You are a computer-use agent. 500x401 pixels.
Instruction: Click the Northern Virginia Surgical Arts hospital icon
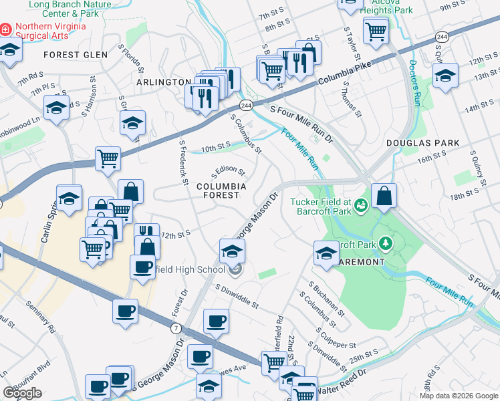[x=6, y=30]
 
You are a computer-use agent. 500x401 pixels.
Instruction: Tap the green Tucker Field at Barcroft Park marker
[x=362, y=204]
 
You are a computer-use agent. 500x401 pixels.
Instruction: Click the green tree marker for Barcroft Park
[x=385, y=242]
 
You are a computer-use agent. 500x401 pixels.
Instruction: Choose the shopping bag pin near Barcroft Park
[x=384, y=196]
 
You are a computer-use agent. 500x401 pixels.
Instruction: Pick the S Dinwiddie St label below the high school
[x=237, y=295]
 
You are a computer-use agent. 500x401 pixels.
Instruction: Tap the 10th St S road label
[x=216, y=144]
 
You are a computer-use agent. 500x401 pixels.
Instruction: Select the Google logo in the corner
[x=22, y=393]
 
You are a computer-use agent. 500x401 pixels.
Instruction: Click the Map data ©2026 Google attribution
[x=459, y=396]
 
